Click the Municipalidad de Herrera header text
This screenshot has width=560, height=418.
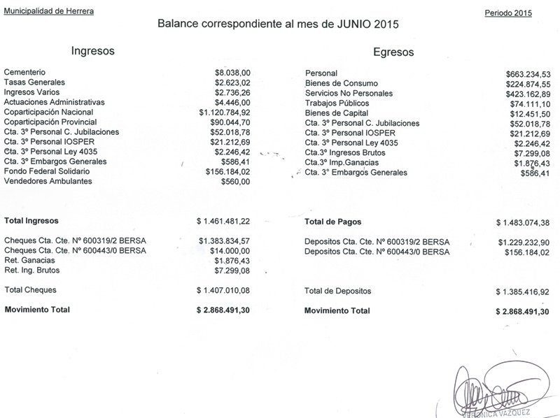tap(48, 12)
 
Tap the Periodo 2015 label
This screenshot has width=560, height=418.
tap(508, 13)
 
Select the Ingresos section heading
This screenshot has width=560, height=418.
tap(93, 51)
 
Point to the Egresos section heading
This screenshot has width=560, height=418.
tap(393, 52)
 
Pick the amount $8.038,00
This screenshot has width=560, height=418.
tap(232, 72)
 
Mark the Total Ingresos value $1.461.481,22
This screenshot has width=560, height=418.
tap(223, 221)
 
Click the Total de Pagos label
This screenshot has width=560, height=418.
tap(332, 222)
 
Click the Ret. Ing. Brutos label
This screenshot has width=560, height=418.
tap(32, 270)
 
